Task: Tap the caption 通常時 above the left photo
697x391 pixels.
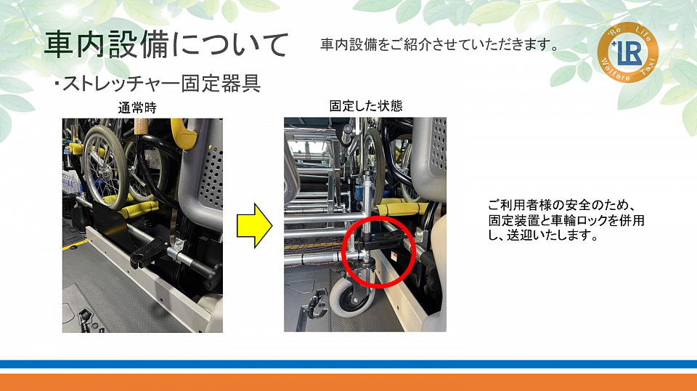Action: pyautogui.click(x=137, y=108)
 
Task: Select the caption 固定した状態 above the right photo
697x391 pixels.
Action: pyautogui.click(x=365, y=106)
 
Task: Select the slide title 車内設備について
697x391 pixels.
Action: pyautogui.click(x=166, y=45)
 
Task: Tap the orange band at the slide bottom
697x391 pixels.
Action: pyautogui.click(x=348, y=382)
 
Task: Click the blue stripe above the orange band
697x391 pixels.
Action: pyautogui.click(x=348, y=364)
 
